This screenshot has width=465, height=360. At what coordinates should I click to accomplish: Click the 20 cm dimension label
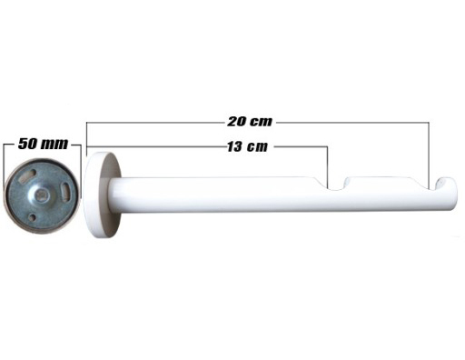250,122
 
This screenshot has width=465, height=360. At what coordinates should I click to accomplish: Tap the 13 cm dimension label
248,146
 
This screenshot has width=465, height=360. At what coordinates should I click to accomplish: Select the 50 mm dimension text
43,144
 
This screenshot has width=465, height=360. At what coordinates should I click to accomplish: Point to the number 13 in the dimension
235,147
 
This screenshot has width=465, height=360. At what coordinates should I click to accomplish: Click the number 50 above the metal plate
27,144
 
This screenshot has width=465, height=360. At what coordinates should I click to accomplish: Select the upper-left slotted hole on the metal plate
27,176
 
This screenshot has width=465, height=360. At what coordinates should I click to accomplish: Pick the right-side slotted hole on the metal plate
65,191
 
